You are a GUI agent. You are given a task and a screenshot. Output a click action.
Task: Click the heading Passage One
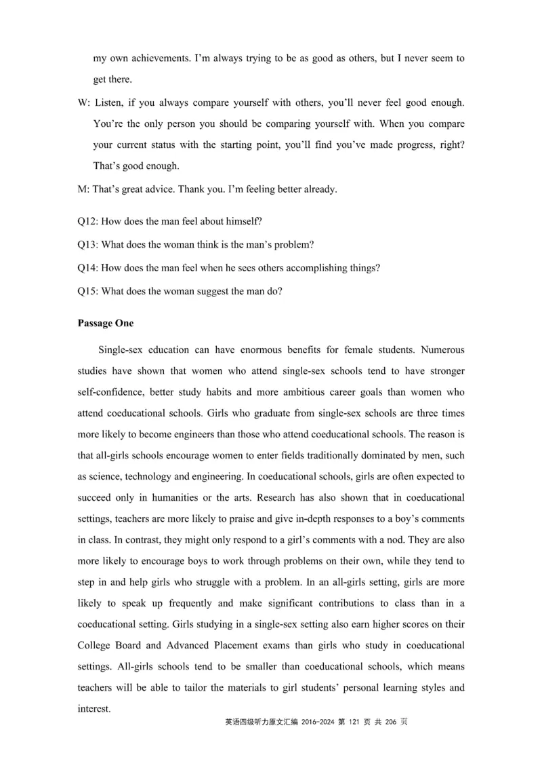pos(106,323)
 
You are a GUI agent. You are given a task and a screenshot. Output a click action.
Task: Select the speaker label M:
pos(84,189)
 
